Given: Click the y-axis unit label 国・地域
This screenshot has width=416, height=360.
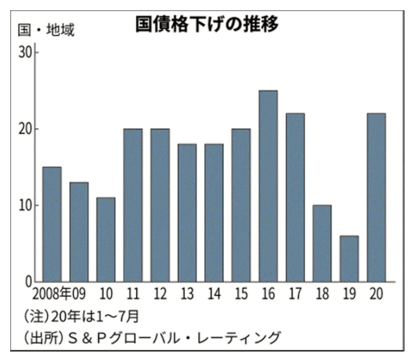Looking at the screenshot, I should pyautogui.click(x=44, y=30).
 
